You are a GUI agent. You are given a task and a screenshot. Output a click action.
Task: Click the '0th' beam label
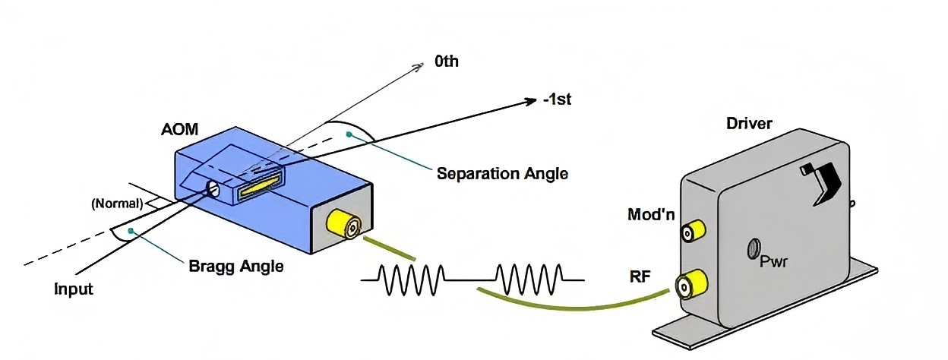[446, 62]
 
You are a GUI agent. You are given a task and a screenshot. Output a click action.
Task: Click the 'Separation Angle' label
[502, 173]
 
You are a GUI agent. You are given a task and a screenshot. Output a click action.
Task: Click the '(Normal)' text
[116, 204]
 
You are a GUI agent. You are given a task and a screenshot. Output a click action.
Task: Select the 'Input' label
[73, 289]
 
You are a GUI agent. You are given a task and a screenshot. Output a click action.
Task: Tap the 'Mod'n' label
[650, 214]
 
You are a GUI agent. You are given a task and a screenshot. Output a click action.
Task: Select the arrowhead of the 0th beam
[417, 67]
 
